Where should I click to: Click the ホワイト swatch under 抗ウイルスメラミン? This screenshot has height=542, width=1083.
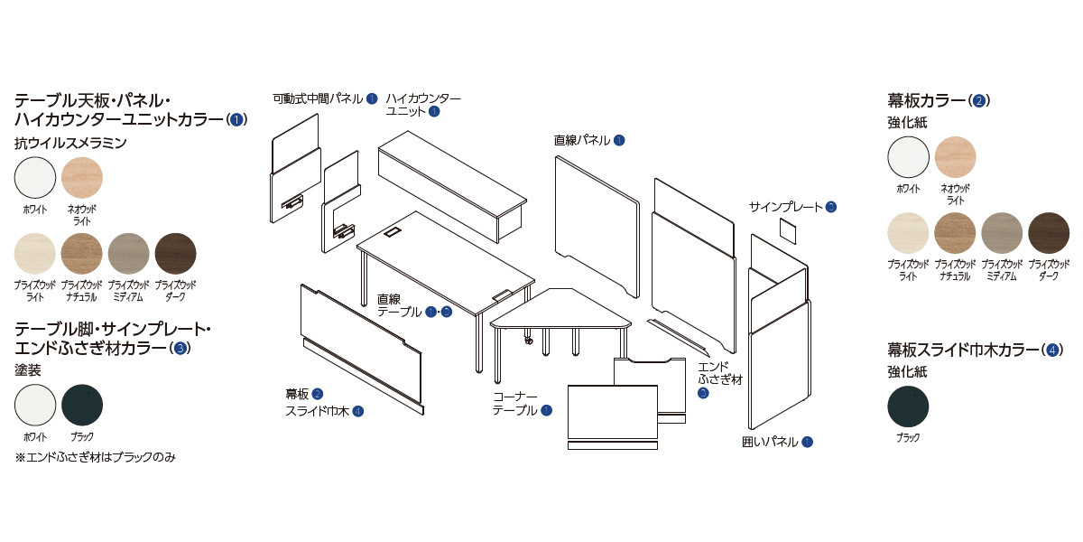pyautogui.click(x=35, y=176)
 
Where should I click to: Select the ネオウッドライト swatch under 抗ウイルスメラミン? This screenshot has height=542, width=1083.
pyautogui.click(x=82, y=176)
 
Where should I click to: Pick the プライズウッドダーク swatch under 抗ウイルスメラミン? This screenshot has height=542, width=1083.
pyautogui.click(x=176, y=253)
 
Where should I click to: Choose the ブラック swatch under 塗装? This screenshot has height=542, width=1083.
pyautogui.click(x=82, y=405)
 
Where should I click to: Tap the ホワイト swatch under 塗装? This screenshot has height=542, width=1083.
pyautogui.click(x=35, y=405)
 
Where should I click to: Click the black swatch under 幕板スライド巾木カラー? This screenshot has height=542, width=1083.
pyautogui.click(x=908, y=405)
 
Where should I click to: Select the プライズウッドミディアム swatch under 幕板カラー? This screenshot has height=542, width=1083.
pyautogui.click(x=1002, y=233)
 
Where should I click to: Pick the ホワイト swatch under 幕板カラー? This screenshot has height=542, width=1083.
pyautogui.click(x=908, y=156)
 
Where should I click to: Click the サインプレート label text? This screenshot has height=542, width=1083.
pyautogui.click(x=785, y=207)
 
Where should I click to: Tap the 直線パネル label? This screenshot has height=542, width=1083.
pyautogui.click(x=582, y=140)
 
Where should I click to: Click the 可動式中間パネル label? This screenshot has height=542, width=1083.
pyautogui.click(x=318, y=98)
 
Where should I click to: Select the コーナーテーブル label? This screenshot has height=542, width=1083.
pyautogui.click(x=515, y=404)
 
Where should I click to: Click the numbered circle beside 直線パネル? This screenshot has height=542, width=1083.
pyautogui.click(x=619, y=140)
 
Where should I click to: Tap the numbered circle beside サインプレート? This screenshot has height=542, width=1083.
pyautogui.click(x=830, y=207)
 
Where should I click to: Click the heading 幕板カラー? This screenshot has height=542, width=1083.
pyautogui.click(x=928, y=99)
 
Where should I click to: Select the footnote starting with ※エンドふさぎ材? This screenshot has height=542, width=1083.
pyautogui.click(x=95, y=457)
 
